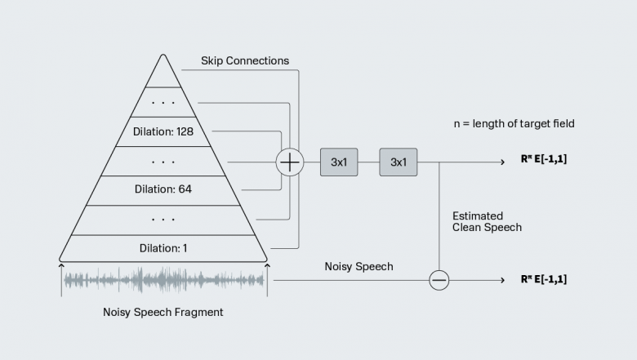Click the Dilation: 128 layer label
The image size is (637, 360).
[163, 131]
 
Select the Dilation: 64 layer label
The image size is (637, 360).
[163, 189]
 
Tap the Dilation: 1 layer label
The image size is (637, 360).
[163, 248]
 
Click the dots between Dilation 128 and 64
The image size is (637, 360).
[163, 162]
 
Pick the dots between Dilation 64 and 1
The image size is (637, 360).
[163, 219]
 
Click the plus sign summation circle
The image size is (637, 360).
[290, 162]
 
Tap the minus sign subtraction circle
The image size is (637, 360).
[439, 280]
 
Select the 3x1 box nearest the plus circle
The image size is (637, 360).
[339, 162]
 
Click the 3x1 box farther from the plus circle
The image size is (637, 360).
[399, 162]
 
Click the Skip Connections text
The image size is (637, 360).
[244, 61]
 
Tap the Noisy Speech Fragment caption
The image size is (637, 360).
[163, 313]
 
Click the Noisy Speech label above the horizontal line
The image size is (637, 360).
[359, 267]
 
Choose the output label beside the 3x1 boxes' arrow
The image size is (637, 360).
[543, 160]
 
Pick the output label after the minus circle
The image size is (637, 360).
[543, 279]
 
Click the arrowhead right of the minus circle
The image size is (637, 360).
[503, 280]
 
